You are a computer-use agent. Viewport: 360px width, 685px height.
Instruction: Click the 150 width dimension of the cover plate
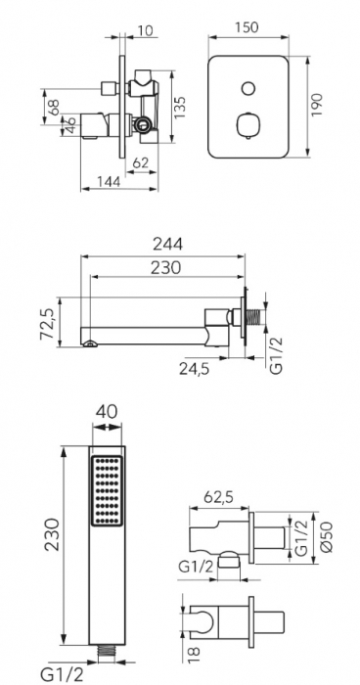pos(247,27)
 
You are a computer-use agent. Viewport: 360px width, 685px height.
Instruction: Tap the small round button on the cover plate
pos(248,89)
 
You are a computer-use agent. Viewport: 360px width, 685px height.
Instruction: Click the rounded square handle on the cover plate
pos(248,125)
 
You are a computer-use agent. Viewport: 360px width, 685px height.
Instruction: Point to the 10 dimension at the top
pos(145,30)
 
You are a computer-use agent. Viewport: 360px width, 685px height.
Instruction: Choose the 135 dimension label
pos(179,107)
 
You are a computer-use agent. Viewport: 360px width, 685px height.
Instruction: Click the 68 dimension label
pos(54,108)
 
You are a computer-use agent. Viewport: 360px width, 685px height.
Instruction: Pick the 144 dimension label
pos(108,181)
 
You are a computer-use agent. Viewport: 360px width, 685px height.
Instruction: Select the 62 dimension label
pos(140,163)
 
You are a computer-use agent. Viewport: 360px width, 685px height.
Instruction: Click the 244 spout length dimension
pos(167,245)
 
